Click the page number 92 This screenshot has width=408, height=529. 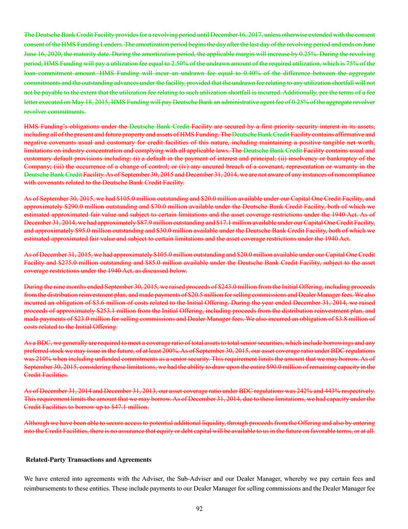point(204,509)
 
